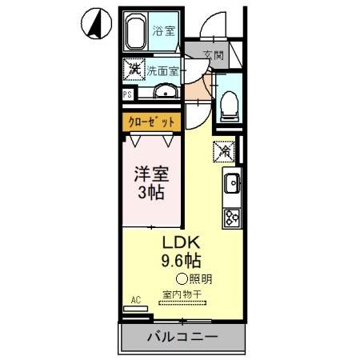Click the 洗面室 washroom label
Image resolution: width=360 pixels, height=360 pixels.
click(162, 70)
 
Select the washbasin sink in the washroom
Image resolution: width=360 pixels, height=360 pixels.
click(166, 90)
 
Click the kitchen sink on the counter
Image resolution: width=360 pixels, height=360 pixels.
click(231, 185)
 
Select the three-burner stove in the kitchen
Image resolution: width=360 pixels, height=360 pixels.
click(232, 216)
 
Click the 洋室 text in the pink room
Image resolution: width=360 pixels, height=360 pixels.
click(150, 172)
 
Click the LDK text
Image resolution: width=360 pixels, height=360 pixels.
click(182, 242)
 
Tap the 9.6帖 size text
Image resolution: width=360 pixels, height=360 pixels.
click(182, 261)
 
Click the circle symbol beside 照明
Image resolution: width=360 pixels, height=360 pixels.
click(182, 279)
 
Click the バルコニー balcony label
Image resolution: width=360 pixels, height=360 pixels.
click(181, 338)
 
